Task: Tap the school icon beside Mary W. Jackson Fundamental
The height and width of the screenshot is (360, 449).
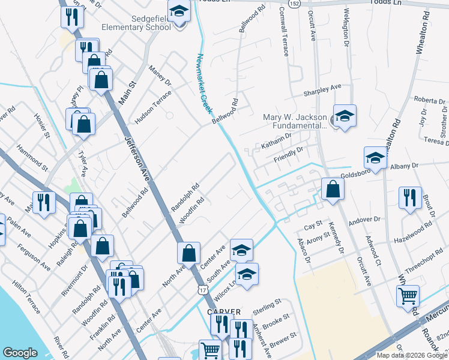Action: (x=345, y=116)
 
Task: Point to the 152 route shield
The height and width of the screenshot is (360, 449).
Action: (x=295, y=4)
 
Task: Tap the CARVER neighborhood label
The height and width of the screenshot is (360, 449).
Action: (x=224, y=312)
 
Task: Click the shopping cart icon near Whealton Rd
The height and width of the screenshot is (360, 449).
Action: (x=408, y=295)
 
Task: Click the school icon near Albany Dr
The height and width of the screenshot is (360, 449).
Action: (x=375, y=158)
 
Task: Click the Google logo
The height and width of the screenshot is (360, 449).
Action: (x=20, y=353)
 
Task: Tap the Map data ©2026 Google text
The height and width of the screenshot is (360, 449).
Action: (x=411, y=355)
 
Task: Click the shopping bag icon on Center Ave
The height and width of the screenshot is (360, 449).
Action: (x=188, y=254)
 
